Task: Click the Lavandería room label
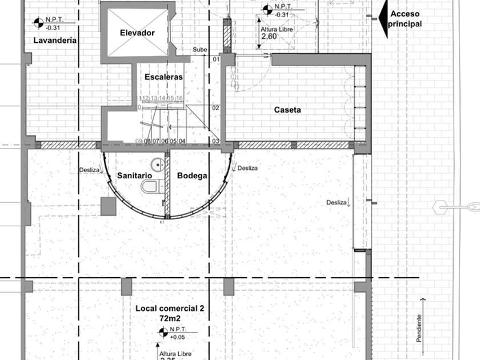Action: tap(55, 41)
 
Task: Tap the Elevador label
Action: tap(137, 33)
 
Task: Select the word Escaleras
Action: tap(163, 77)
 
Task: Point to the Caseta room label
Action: tap(287, 110)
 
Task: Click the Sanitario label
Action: tap(134, 176)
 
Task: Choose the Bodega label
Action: tap(191, 176)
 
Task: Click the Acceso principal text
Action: tap(406, 19)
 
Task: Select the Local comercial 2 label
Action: tap(170, 309)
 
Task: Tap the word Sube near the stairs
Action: tap(199, 50)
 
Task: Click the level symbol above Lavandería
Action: tap(38, 22)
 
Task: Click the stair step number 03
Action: tap(216, 141)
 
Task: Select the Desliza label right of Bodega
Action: tap(247, 169)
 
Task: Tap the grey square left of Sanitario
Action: tap(109, 206)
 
